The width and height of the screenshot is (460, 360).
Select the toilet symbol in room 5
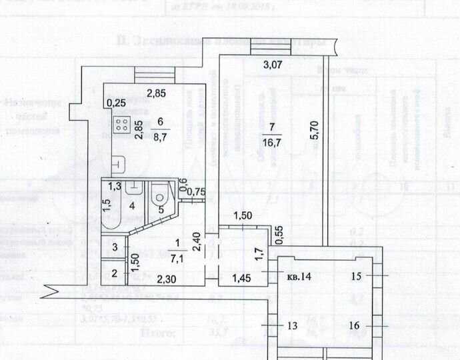click(x=159, y=197)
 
